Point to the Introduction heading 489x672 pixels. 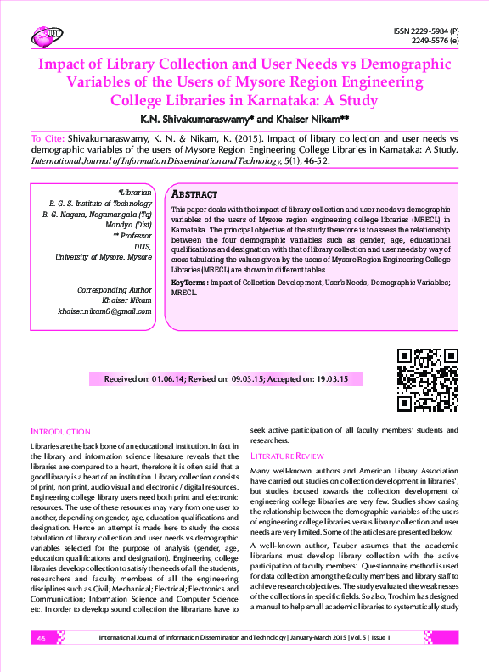[x=60, y=432]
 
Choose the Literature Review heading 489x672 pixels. [x=287, y=456]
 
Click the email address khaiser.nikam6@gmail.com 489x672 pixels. [x=104, y=311]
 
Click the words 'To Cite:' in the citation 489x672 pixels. [x=48, y=137]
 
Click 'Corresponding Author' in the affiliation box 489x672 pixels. [x=115, y=290]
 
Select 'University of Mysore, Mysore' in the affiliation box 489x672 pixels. [x=104, y=255]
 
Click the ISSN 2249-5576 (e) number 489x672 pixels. [x=435, y=41]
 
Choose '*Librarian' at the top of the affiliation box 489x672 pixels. [x=135, y=193]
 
